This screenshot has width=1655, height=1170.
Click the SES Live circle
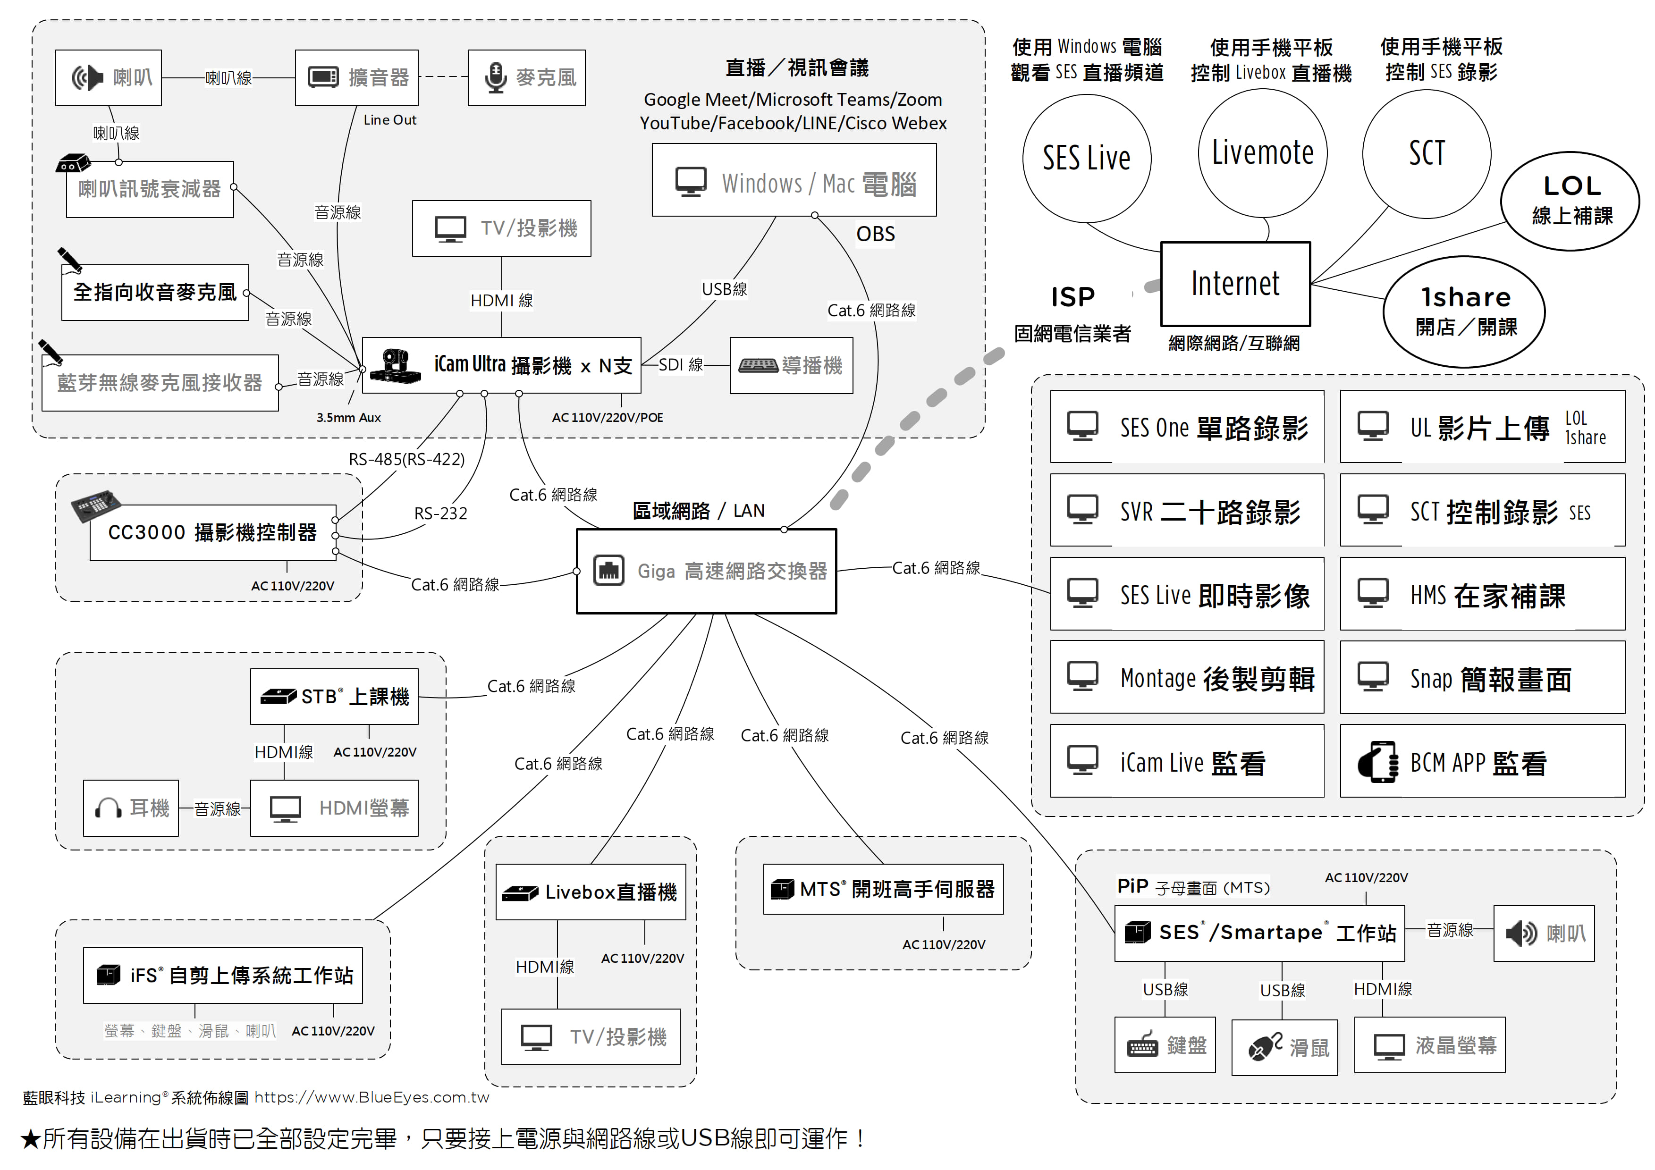tap(1086, 159)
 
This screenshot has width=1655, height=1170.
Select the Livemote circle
tap(1262, 153)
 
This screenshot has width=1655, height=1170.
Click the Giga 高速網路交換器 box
tap(706, 571)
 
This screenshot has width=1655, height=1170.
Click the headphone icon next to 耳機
tap(108, 808)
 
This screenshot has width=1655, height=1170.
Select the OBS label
tap(875, 234)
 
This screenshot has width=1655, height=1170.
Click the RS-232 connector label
tap(440, 513)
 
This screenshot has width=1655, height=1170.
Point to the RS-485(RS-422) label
tap(406, 459)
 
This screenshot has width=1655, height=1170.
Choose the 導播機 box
tap(791, 365)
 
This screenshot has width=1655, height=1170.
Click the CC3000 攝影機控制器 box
tap(212, 533)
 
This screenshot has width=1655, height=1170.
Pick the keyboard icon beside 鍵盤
tap(1142, 1046)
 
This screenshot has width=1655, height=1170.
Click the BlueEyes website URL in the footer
tap(371, 1097)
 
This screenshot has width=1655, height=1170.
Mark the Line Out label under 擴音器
tap(389, 120)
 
